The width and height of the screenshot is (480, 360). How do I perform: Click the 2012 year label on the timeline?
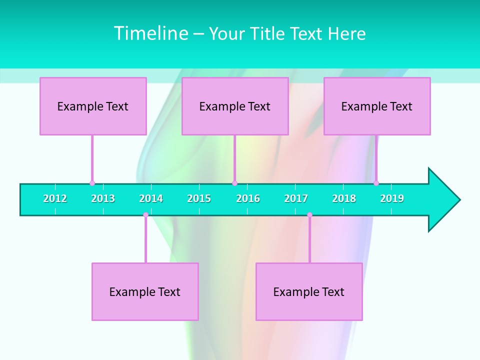55,198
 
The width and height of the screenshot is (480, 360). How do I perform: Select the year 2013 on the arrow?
103,198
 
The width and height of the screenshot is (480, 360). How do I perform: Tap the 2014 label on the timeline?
151,198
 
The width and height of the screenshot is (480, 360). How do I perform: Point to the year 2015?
199,198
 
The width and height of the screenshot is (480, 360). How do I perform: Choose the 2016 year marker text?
248,198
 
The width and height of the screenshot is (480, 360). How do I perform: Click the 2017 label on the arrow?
296,198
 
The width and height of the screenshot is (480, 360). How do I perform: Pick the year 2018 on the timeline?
344,198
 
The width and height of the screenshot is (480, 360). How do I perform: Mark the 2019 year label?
392,198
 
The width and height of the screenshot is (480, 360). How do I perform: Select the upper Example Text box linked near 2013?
93,106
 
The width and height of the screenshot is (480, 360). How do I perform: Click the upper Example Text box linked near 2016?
235,106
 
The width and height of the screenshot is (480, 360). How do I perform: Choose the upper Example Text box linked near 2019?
377,106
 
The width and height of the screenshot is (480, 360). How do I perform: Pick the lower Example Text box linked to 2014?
145,291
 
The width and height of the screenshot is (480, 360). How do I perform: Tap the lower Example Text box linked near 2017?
309,291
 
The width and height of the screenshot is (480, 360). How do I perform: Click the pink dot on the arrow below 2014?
145,215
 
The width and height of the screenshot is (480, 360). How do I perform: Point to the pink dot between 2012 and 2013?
92,183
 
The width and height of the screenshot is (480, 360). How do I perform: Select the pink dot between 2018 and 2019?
376,183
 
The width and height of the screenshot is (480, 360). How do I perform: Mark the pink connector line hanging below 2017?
309,239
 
